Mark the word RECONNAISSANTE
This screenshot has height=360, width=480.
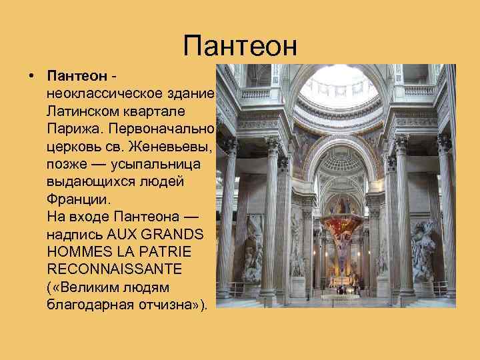[113, 269]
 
